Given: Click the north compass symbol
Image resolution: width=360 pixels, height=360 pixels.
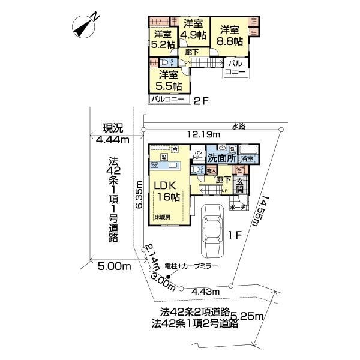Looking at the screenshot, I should click(85, 26).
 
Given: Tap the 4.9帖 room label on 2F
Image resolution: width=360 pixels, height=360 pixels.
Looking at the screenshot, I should click(195, 29).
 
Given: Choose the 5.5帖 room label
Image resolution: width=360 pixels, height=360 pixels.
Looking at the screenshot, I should click(169, 80).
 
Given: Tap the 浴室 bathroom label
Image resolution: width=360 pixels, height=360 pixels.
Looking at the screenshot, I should click(247, 158).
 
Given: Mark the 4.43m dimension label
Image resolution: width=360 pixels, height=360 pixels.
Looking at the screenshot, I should click(205, 292).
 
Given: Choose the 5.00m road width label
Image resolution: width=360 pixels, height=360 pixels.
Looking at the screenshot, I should click(113, 265).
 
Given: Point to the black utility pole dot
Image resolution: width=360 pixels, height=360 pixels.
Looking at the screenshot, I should click(169, 277).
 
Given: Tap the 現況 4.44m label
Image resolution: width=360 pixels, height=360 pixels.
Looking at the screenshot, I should click(113, 134).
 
